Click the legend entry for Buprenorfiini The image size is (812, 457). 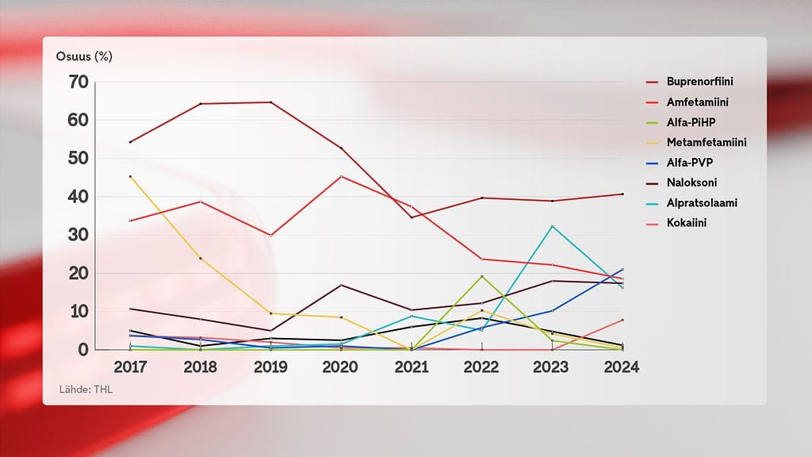pos(699,82)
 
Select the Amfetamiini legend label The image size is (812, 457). pos(697,102)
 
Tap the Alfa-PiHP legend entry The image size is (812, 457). pos(694,122)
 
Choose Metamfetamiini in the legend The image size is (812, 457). pos(707,143)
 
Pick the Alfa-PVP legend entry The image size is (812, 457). pos(690,163)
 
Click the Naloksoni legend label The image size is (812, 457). pos(692,182)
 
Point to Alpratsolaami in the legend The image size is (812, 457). pos(702,203)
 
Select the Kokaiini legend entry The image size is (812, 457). pos(687,223)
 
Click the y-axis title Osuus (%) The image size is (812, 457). pos(85,56)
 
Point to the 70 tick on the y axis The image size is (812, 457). pos(78,82)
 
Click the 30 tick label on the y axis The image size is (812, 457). pos(78,235)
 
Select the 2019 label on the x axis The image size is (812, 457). pos(270,367)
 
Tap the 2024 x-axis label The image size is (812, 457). pos(621,367)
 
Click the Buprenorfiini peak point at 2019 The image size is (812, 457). pos(270,102)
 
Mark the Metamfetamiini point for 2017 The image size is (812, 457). pos(130,177)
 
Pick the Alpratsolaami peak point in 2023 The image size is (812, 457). pos(552,226)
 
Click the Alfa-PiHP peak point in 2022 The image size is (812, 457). pos(481,276)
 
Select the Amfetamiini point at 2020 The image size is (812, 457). pos(341,176)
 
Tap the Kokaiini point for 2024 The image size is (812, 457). pos(622,320)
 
